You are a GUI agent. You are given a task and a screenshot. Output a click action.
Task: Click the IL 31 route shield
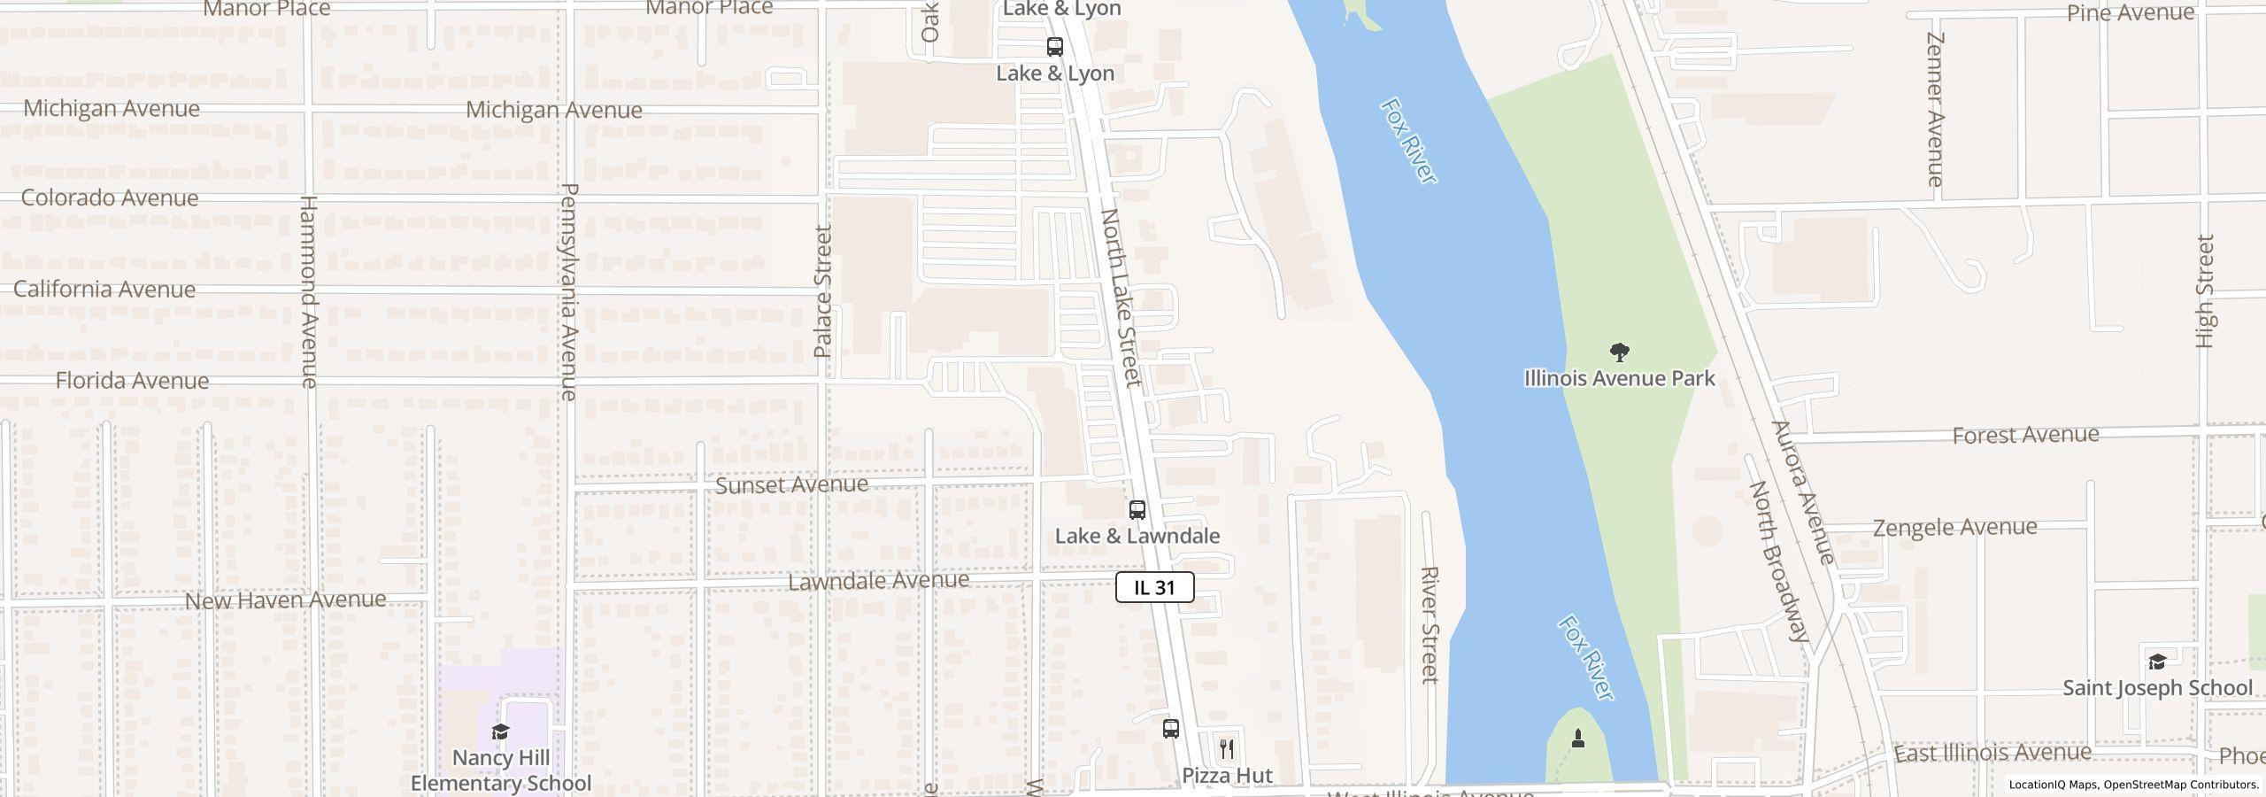(1154, 587)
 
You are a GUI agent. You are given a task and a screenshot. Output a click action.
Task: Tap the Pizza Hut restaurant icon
(1226, 749)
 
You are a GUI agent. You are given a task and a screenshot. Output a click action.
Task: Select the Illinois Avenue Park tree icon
(1619, 352)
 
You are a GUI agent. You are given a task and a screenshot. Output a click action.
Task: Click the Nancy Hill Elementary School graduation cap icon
(500, 731)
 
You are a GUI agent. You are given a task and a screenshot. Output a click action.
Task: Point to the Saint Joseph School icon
(2156, 662)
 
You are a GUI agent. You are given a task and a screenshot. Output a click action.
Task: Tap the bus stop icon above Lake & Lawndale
(1137, 510)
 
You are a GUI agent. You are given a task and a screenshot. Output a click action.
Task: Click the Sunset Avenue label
(791, 484)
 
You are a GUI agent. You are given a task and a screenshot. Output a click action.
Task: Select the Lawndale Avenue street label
(878, 580)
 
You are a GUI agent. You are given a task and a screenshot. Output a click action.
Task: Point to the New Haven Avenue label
(285, 600)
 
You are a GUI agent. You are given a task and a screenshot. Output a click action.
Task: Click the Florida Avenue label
(132, 381)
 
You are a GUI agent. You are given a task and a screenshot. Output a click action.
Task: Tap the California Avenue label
(104, 290)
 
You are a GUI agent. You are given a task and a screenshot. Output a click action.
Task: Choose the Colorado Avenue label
(109, 197)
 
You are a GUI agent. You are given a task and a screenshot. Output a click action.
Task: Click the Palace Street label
(823, 291)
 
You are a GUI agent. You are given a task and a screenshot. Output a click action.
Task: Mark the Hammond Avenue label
(308, 292)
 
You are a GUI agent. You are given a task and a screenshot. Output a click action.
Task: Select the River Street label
(1429, 625)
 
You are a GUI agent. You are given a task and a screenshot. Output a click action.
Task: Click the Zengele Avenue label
(1954, 528)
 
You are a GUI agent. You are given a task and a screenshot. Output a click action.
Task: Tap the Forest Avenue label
(2025, 435)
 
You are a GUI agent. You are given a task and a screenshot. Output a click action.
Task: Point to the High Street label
(2204, 291)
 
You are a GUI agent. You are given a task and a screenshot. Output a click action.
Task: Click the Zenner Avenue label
(1935, 110)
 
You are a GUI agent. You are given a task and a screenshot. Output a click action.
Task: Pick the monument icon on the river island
(1577, 738)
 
